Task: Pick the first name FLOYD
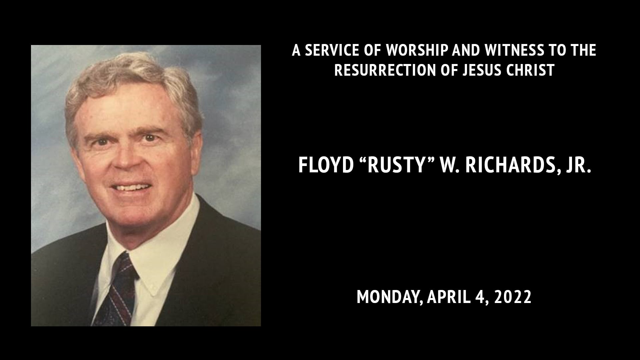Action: click(x=325, y=165)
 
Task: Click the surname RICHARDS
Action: click(x=510, y=165)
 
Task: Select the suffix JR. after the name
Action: click(x=578, y=165)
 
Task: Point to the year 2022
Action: click(x=513, y=297)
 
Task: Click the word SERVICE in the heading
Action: click(x=333, y=50)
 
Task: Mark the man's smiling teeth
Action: click(x=131, y=187)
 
